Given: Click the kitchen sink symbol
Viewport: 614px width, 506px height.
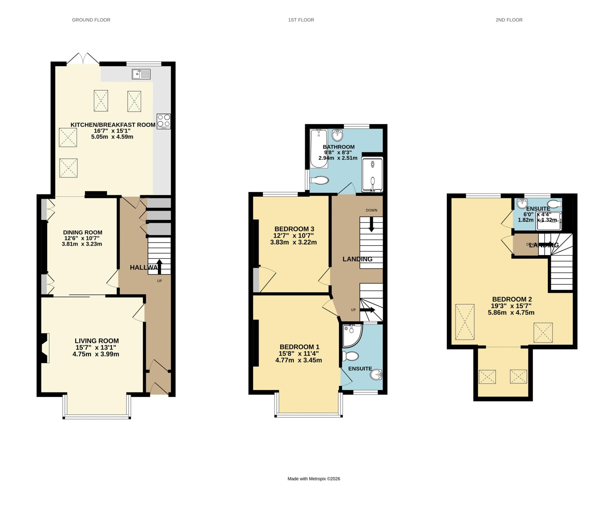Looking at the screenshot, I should [141, 74].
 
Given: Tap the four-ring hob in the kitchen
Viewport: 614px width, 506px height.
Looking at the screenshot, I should [163, 121].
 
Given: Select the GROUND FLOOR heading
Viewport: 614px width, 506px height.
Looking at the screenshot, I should [91, 20].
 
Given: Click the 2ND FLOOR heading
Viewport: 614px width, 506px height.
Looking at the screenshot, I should [509, 20].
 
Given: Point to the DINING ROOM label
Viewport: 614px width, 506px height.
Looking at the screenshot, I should [83, 232].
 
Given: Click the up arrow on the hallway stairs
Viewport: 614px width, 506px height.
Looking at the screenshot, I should [159, 266].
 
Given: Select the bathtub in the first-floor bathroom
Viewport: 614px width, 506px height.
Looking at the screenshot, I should [319, 149].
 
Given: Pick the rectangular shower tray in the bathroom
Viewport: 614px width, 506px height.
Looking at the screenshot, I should [372, 174].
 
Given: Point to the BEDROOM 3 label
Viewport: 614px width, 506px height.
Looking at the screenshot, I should [294, 229].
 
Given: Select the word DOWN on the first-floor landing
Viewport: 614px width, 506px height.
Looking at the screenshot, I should [371, 210].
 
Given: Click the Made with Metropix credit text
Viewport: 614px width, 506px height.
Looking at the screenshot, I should [313, 479].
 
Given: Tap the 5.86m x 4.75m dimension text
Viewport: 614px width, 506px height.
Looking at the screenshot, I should [511, 313].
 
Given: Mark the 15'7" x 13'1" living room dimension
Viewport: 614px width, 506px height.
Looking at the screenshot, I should [96, 347].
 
